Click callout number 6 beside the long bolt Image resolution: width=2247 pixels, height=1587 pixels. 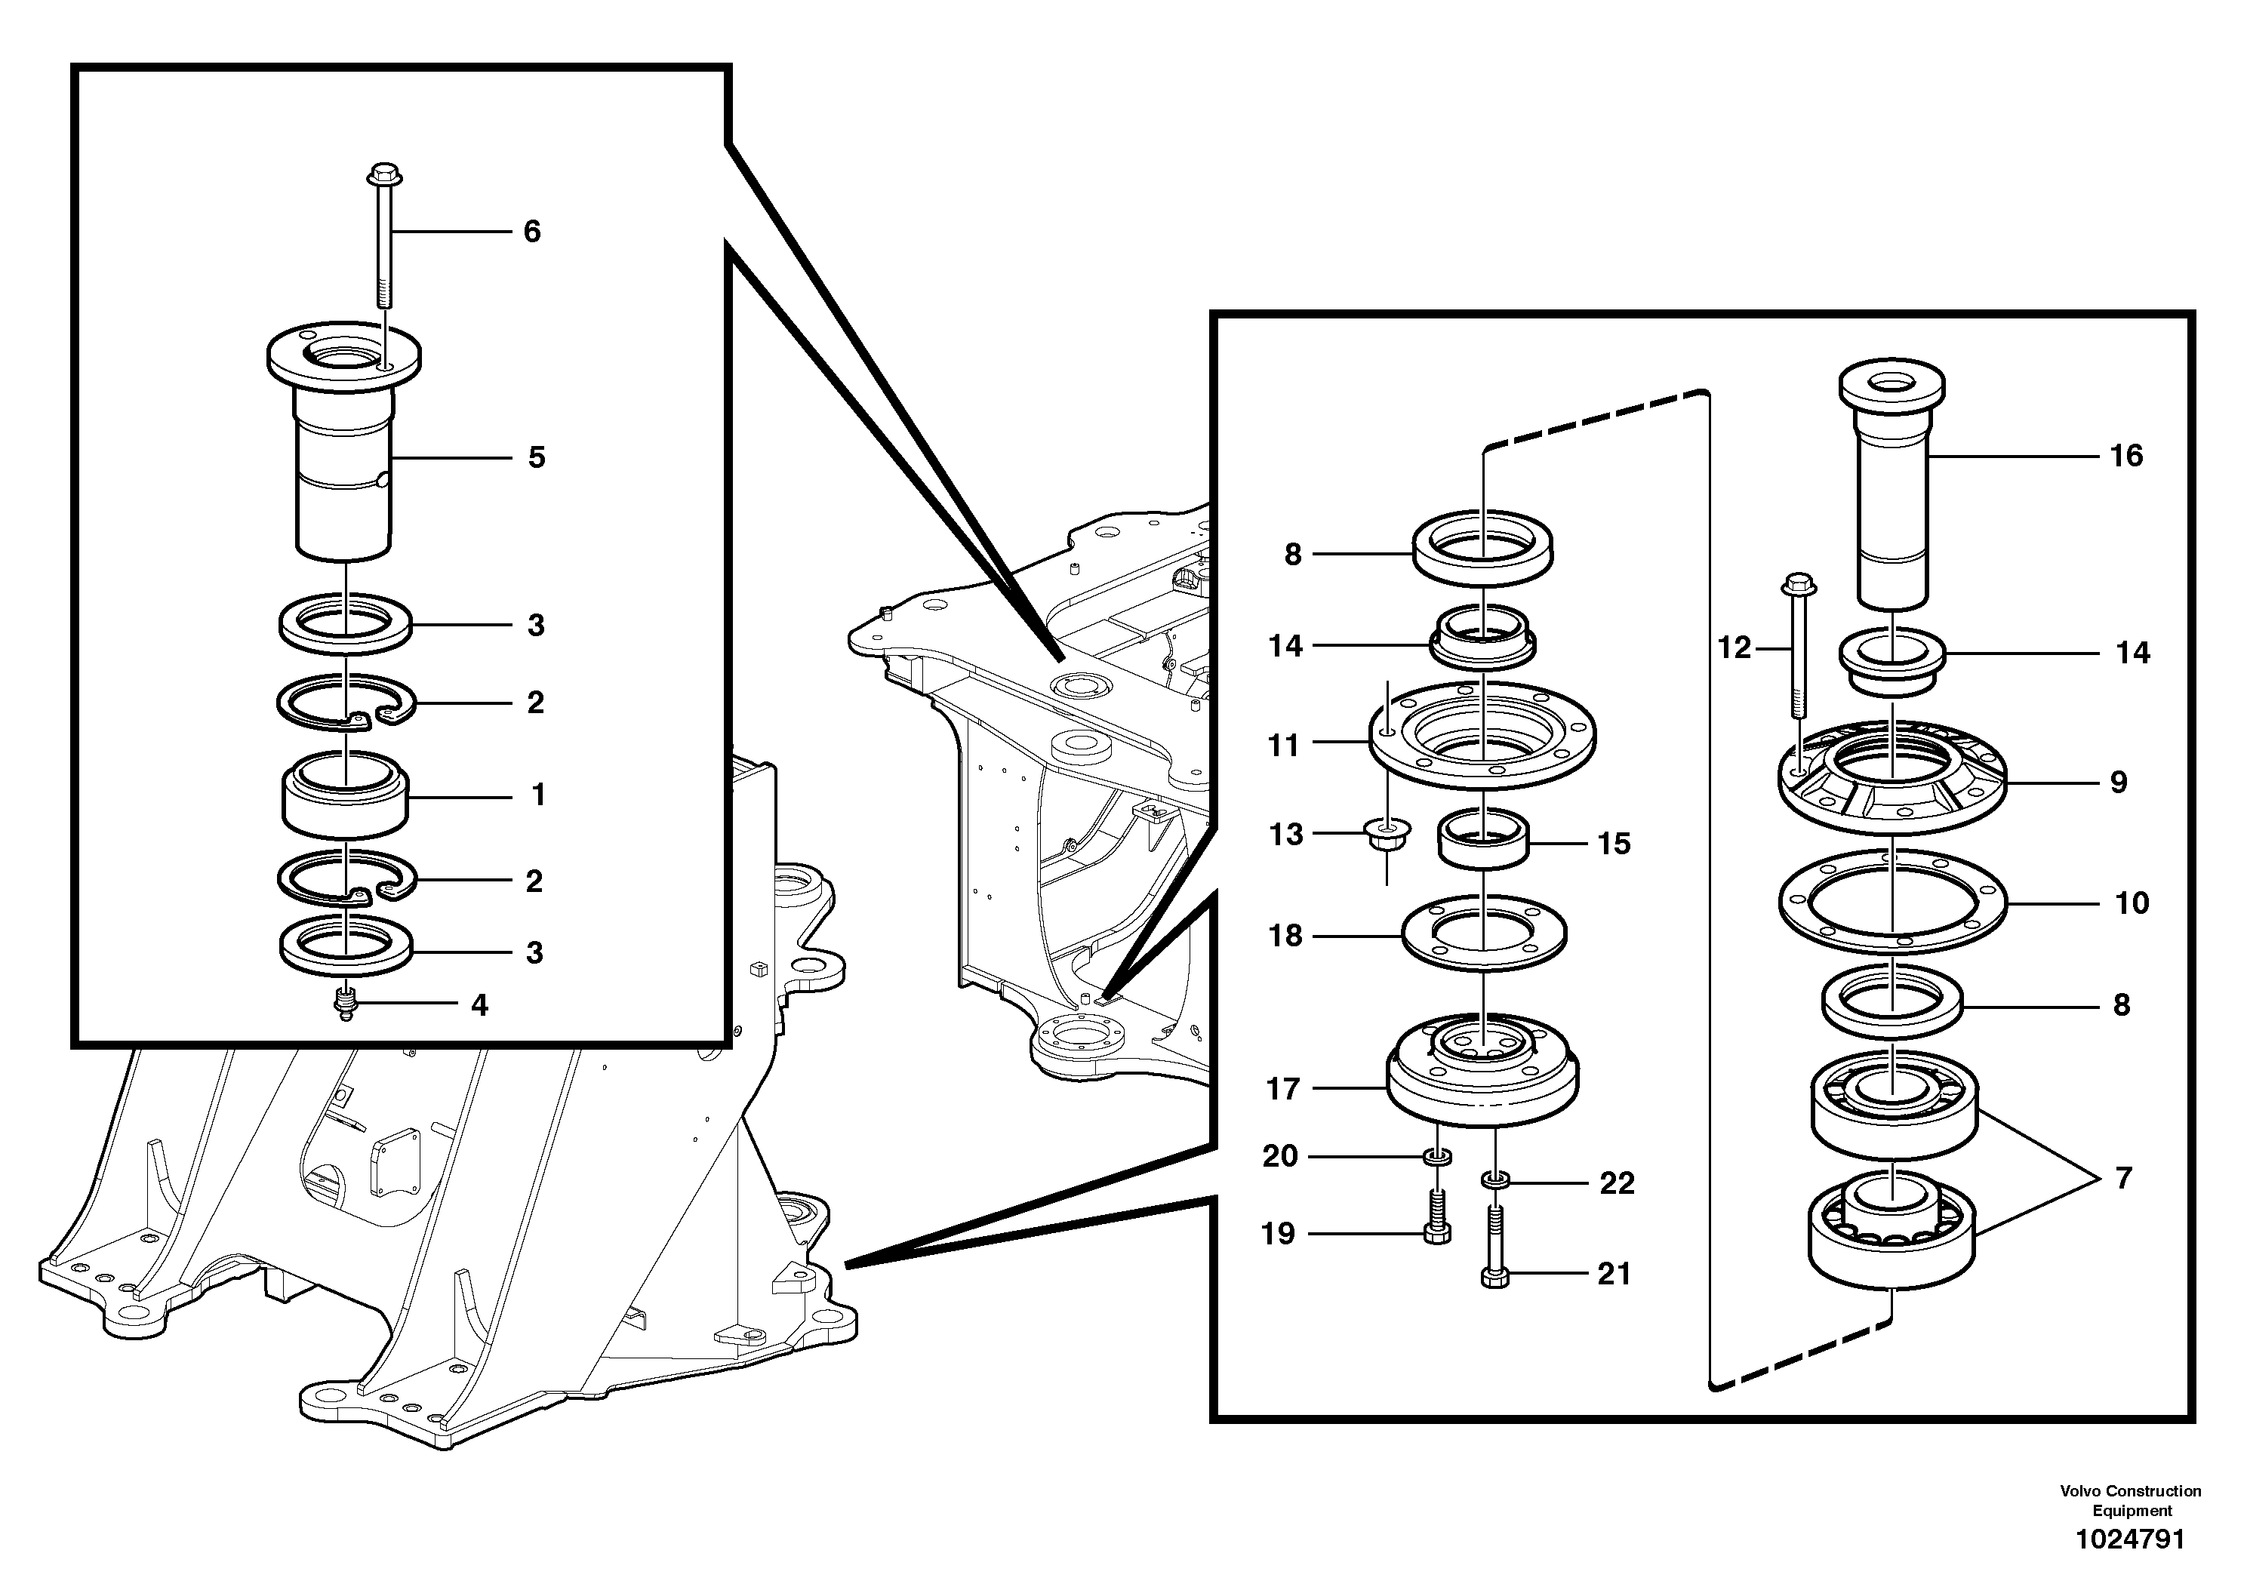(531, 232)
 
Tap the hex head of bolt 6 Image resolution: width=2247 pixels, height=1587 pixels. (380, 177)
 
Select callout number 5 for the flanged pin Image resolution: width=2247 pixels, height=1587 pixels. (537, 458)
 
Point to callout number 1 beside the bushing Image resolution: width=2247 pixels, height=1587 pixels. (537, 795)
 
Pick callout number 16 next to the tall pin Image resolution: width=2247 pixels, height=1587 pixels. (2125, 456)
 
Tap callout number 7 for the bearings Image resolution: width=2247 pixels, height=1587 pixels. (2122, 1178)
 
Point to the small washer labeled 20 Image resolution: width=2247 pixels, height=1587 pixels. (1436, 1158)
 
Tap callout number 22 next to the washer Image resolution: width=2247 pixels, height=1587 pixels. (1616, 1184)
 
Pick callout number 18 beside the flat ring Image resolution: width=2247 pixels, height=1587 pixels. (1285, 937)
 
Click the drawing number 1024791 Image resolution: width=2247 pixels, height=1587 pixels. (2129, 1540)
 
